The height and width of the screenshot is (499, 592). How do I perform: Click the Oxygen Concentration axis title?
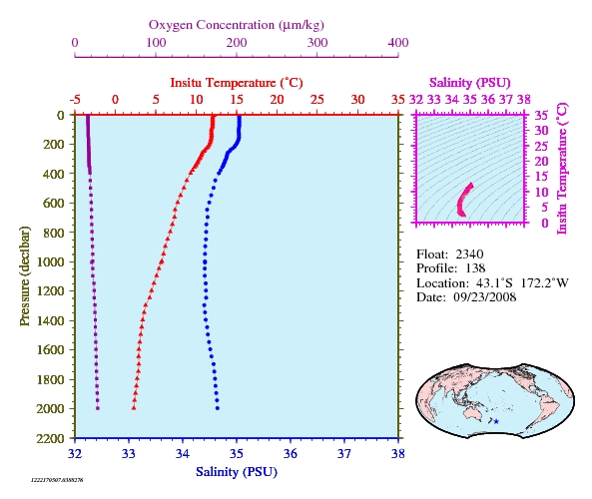pyautogui.click(x=237, y=25)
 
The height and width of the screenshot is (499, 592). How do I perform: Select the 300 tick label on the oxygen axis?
pyautogui.click(x=317, y=43)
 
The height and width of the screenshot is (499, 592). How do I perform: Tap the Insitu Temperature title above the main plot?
pyautogui.click(x=237, y=83)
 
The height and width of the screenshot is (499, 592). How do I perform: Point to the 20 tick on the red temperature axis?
pyautogui.click(x=277, y=100)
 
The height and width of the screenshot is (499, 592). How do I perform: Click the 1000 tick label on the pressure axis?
pyautogui.click(x=50, y=261)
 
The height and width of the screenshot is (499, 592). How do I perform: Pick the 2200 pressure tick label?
pyautogui.click(x=50, y=438)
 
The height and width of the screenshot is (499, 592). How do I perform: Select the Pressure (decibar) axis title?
pyautogui.click(x=25, y=275)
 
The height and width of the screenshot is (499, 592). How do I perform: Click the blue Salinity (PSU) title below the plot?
pyautogui.click(x=237, y=472)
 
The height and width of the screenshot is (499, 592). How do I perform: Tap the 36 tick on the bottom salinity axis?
pyautogui.click(x=291, y=454)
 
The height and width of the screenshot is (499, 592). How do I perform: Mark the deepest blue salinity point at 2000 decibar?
pyautogui.click(x=217, y=408)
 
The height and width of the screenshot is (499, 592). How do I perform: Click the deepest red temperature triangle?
pyautogui.click(x=134, y=407)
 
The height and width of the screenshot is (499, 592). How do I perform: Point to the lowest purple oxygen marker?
pyautogui.click(x=98, y=408)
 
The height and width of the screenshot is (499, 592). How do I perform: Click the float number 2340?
pyautogui.click(x=469, y=254)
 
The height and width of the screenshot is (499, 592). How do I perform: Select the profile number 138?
pyautogui.click(x=475, y=268)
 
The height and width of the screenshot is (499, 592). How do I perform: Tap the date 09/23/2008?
pyautogui.click(x=485, y=297)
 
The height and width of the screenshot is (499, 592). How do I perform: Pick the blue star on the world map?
pyautogui.click(x=496, y=421)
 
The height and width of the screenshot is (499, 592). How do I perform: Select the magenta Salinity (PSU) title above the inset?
pyautogui.click(x=469, y=83)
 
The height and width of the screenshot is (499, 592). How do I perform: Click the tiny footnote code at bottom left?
pyautogui.click(x=57, y=480)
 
